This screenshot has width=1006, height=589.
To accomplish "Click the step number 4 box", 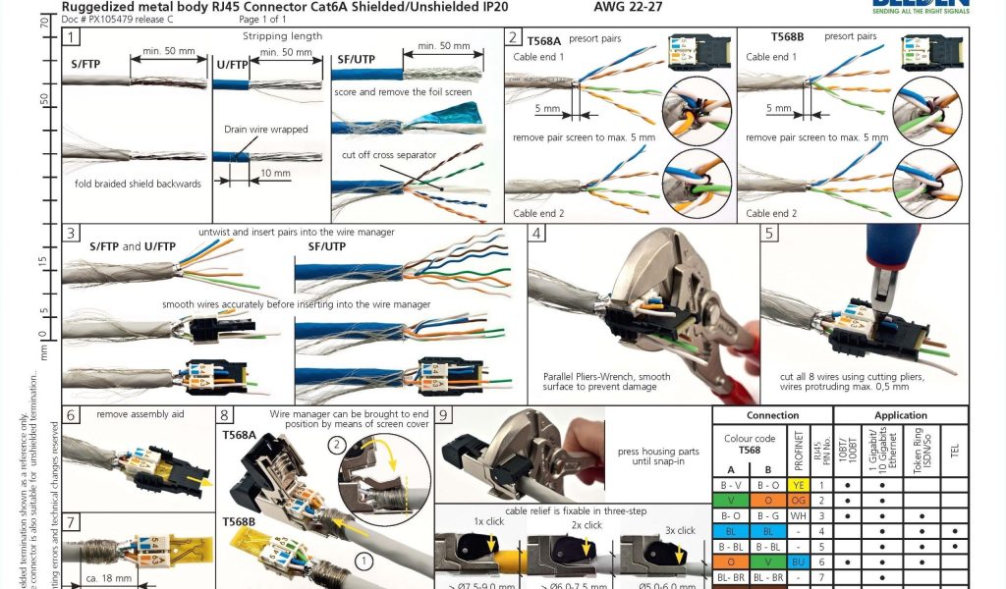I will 536,234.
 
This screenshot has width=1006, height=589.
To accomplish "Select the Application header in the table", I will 900,415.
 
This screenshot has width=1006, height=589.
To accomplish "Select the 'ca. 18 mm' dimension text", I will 108,578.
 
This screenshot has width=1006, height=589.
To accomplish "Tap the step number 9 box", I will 444,416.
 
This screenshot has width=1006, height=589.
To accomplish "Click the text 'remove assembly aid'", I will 140,414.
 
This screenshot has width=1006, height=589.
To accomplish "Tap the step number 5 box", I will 769,234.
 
